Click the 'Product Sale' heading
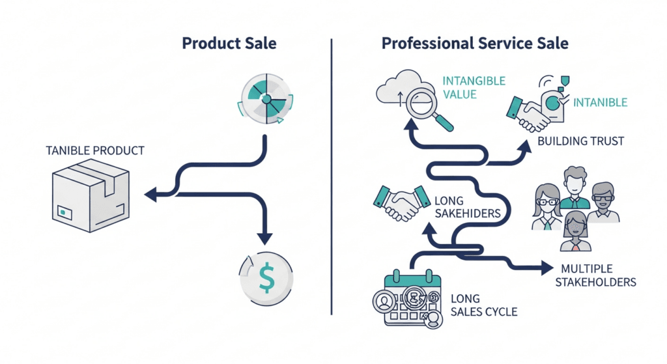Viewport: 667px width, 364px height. click(x=229, y=44)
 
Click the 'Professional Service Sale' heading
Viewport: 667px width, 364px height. click(x=475, y=44)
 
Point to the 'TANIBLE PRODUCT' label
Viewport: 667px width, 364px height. click(x=95, y=150)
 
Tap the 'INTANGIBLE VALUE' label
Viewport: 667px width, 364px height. click(x=474, y=88)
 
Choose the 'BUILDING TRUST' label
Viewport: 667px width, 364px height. click(x=580, y=141)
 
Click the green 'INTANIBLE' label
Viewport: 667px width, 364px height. click(x=600, y=102)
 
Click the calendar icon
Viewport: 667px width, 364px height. click(x=407, y=299)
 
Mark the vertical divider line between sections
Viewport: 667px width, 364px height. click(x=332, y=176)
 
